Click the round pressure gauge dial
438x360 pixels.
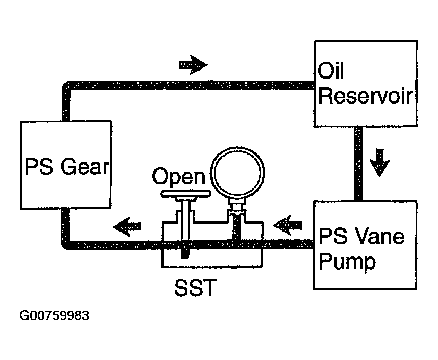pos(238,173)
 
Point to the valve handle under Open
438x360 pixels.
pos(185,193)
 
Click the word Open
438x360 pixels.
pos(179,177)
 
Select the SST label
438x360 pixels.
pos(195,288)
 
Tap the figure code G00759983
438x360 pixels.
pos(54,315)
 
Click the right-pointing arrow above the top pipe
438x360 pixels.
pos(193,65)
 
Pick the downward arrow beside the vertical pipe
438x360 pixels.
pos(380,163)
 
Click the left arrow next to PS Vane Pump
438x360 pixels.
pos(288,225)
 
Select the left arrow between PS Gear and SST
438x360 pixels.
pos(127,226)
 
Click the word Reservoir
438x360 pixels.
pos(365,96)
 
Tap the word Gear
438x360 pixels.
pos(84,167)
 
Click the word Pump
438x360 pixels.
pos(347,262)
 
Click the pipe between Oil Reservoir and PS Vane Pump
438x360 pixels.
pos(358,164)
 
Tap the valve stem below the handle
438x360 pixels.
pos(185,227)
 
